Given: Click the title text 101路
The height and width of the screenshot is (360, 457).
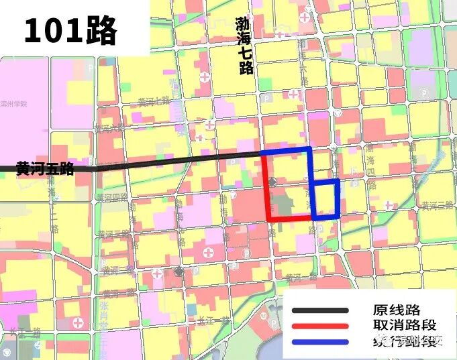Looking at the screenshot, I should pyautogui.click(x=70, y=30).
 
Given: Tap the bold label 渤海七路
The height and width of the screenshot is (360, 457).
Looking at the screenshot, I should pyautogui.click(x=244, y=45).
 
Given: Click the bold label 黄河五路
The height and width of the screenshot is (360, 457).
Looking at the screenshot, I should pyautogui.click(x=45, y=168).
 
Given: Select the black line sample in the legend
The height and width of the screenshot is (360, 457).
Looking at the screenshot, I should pyautogui.click(x=319, y=310).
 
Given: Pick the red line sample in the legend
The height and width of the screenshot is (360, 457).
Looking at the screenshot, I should pyautogui.click(x=319, y=326).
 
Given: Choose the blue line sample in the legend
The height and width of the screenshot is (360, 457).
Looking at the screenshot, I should pyautogui.click(x=319, y=342).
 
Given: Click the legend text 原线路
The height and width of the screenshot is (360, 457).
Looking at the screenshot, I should pyautogui.click(x=397, y=310).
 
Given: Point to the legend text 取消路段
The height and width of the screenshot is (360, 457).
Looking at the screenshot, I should pyautogui.click(x=405, y=326).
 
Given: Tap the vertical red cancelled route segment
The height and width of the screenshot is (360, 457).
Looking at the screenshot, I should pyautogui.click(x=267, y=188).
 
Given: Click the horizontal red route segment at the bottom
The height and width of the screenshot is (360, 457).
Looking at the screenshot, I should pyautogui.click(x=290, y=219).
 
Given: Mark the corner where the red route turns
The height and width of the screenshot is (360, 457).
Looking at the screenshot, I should pyautogui.click(x=268, y=219).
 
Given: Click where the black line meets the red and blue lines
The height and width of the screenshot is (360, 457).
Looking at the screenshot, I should pyautogui.click(x=263, y=154).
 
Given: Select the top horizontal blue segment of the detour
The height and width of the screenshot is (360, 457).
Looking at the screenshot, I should pyautogui.click(x=287, y=149).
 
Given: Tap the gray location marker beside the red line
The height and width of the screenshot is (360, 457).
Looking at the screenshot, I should pyautogui.click(x=272, y=182).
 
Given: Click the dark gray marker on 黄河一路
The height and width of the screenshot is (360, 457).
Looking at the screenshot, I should pyautogui.click(x=179, y=271).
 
